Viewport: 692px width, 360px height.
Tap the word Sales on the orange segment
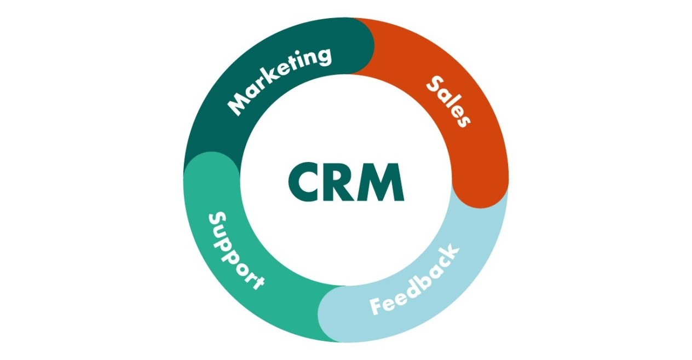coord(448,102)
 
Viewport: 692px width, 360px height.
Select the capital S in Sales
coord(435,84)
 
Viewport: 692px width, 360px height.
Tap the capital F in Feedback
coord(378,306)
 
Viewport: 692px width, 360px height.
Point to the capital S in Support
coord(217,220)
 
